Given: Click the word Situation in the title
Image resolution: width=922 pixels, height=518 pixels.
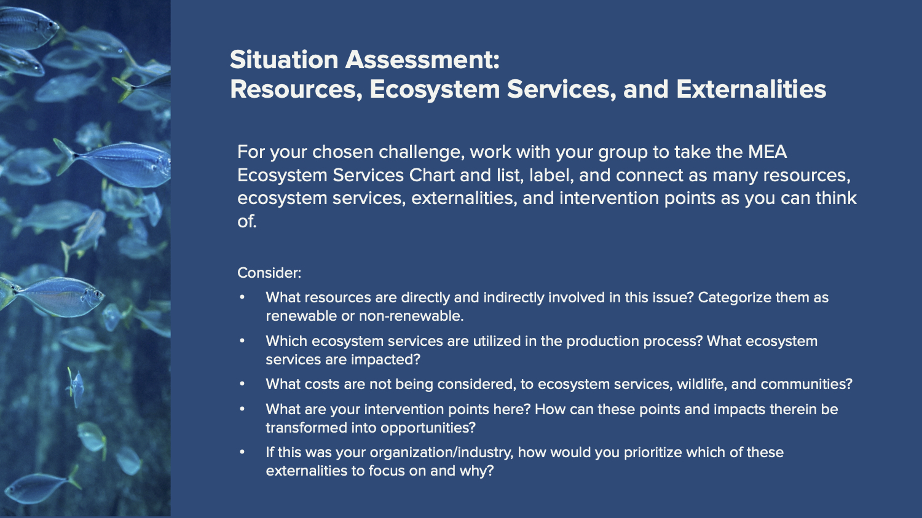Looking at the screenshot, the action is [284, 60].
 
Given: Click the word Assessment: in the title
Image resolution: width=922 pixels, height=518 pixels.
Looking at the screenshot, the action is [422, 60].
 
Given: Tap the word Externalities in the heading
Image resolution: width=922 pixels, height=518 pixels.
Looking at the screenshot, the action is [751, 89].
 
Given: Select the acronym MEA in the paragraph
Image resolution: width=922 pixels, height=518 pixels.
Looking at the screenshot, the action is [767, 152].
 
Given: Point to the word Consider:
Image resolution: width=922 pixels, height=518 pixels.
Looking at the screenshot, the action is [269, 273].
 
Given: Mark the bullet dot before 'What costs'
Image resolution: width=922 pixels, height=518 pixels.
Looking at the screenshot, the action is [242, 384].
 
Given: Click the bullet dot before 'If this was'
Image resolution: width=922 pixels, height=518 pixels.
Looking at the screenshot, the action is [242, 452].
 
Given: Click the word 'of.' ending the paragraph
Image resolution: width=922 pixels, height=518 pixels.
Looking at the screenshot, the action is [247, 221].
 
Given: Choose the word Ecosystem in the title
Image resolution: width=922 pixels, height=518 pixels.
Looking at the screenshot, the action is [435, 90].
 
